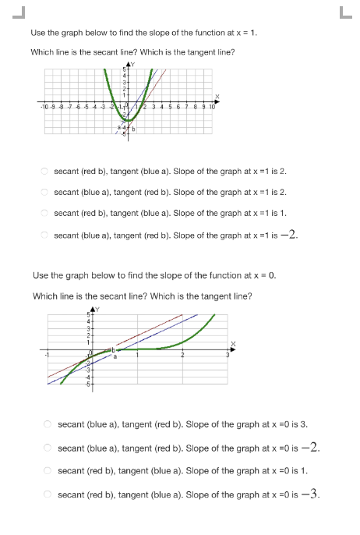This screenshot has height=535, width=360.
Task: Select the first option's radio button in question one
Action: point(46,170)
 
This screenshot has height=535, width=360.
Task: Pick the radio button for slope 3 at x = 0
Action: point(48,424)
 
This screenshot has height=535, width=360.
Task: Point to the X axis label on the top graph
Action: point(218,97)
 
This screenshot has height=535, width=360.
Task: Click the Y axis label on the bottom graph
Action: point(97,309)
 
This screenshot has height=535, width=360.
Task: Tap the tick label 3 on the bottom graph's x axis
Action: point(228,356)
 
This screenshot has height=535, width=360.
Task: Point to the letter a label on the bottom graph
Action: point(115,357)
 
